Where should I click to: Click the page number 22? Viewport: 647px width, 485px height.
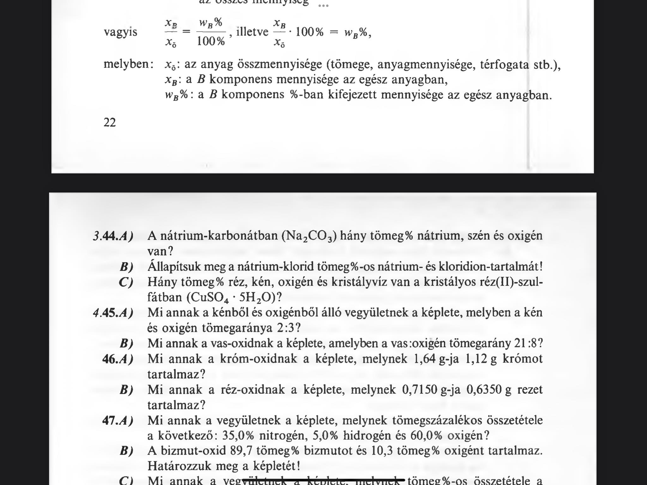pos(110,122)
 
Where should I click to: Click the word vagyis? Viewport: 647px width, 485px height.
pos(120,32)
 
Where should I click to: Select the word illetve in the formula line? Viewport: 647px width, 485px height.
pos(252,32)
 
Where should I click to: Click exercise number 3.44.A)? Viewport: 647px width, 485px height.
pos(113,236)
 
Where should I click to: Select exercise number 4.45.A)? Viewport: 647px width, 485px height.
pos(113,313)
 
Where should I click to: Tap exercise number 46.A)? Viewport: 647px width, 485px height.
pos(118,359)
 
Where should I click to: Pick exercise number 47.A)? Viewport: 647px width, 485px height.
pos(118,421)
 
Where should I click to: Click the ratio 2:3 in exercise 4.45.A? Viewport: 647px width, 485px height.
pos(285,328)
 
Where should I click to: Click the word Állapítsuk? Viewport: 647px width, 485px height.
pos(173,267)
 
